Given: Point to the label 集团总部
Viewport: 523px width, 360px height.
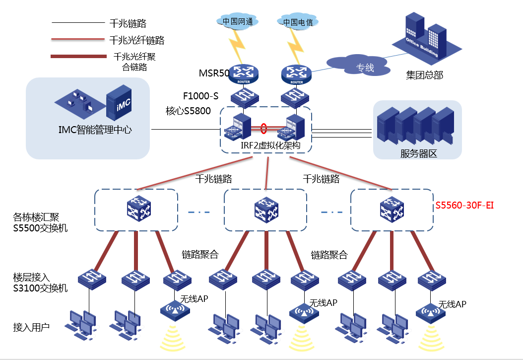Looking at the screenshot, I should [424, 75].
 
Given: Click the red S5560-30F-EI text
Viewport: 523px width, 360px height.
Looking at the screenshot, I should [467, 205].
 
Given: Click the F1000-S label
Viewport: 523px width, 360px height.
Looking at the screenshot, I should [200, 96].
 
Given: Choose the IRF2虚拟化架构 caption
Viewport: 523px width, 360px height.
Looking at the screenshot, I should [266, 146].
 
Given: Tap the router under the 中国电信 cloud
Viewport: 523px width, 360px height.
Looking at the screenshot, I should [297, 73].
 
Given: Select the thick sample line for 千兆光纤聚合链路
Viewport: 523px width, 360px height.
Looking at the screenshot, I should [78, 56].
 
